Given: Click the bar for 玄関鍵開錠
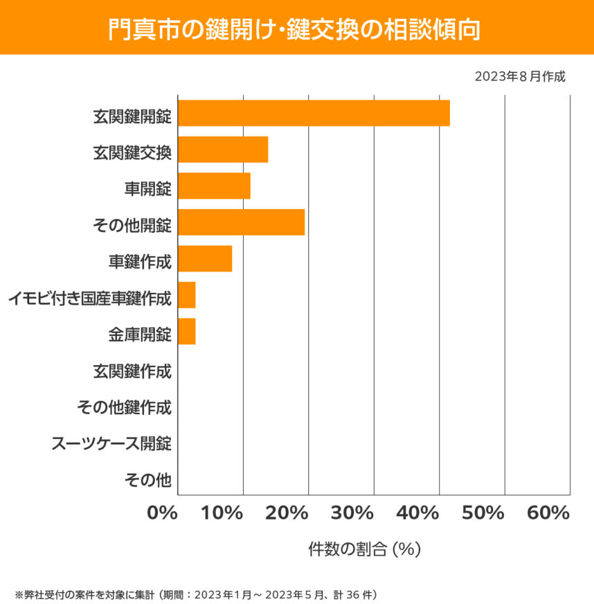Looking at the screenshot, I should point(314,113).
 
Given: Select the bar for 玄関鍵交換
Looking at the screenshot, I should point(223,150).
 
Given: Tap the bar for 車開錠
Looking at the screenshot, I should point(214,186).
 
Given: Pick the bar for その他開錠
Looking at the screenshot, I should point(241,222).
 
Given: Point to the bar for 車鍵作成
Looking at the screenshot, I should point(205,258).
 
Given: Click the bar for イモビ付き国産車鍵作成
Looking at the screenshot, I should point(187,295).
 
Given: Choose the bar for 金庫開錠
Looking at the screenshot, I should point(187,331).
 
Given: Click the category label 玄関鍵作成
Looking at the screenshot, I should point(132,371).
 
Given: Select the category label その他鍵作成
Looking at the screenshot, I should point(124,407).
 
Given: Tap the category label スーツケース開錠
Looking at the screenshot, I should point(111,443).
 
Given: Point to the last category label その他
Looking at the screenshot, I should point(147,479).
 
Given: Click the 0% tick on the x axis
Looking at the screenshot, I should point(163,514).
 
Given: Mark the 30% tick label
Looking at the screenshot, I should point(352,514).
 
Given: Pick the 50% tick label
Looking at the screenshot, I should point(483,514).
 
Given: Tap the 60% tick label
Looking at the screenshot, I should point(548,514).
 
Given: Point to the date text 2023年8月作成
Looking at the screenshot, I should point(520,76).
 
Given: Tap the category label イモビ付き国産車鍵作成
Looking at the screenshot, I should point(89,299).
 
